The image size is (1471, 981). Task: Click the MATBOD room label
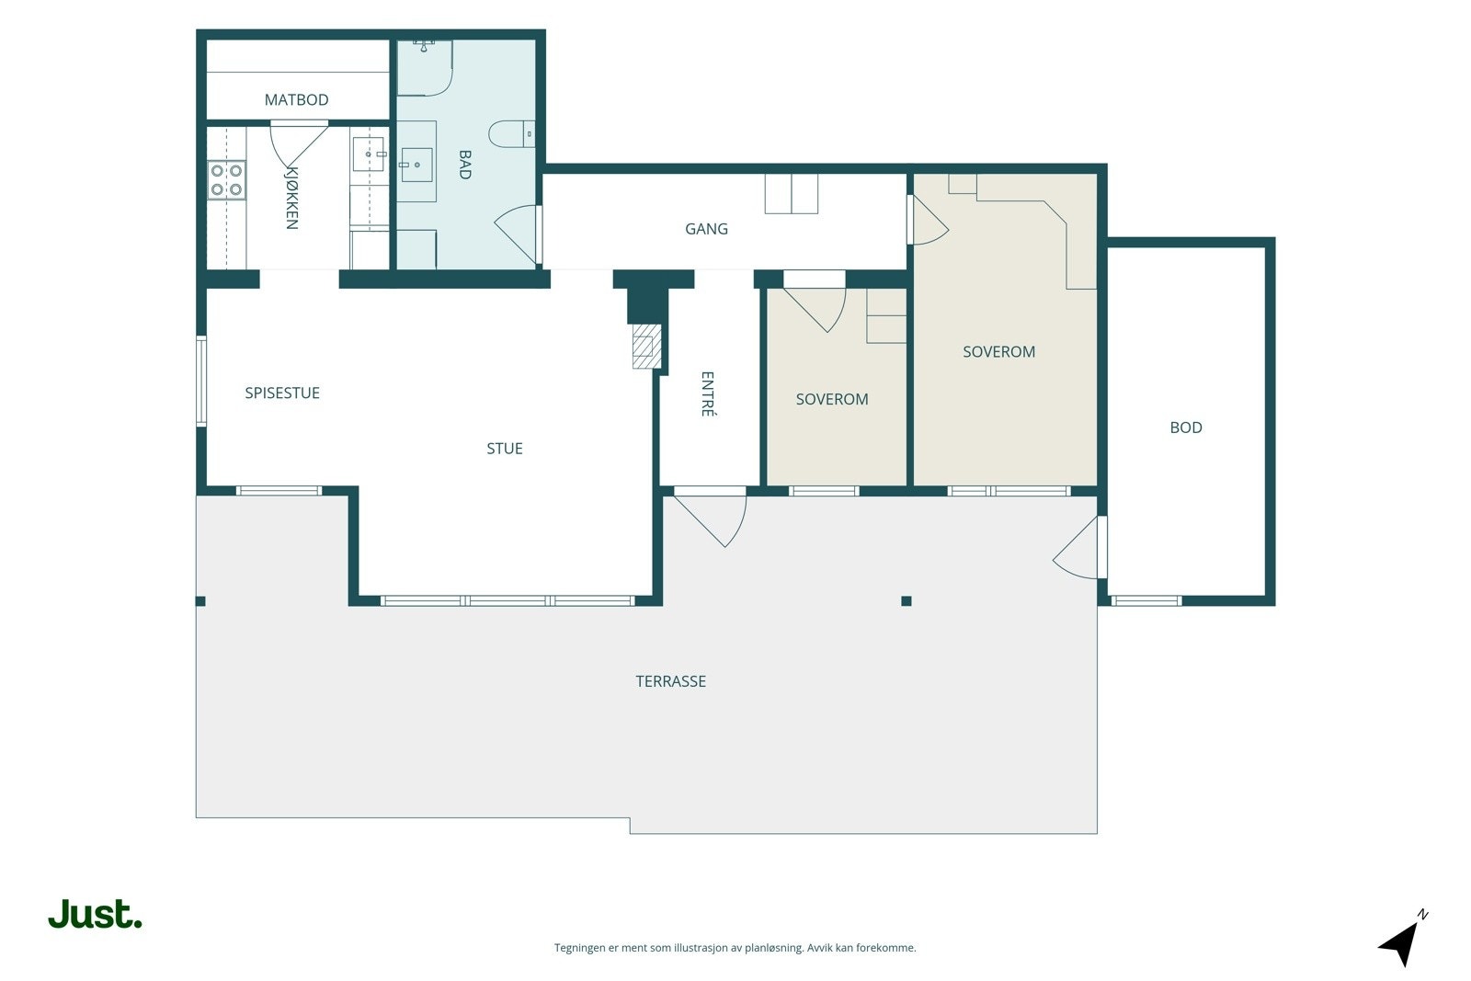296,100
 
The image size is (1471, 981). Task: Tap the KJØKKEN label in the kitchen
292,198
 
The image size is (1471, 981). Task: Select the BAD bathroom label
465,165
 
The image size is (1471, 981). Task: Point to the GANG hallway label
706,229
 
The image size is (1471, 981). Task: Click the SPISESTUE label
282,393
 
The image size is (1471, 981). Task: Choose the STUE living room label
505,449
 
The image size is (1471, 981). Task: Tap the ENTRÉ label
707,394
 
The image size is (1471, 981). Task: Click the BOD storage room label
1186,428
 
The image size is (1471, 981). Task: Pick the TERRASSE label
670,681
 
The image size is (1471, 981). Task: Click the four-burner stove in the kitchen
226,180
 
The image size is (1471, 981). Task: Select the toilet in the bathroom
511,134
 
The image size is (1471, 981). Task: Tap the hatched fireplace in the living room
646,346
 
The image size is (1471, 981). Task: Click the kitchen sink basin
368,154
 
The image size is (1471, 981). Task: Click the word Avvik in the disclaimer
819,948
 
